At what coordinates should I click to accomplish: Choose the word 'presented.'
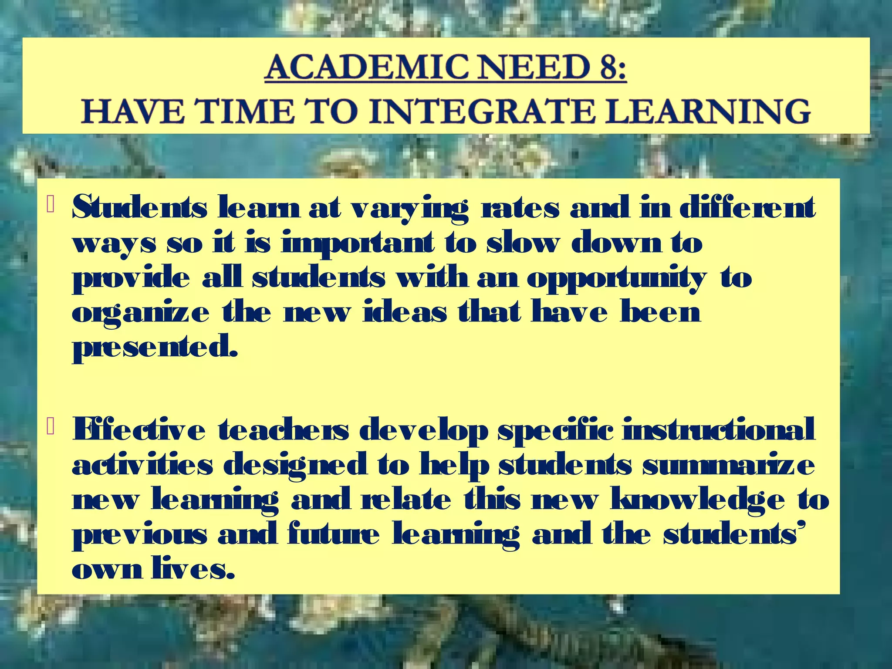coord(155,348)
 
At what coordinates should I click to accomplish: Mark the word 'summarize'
coord(728,465)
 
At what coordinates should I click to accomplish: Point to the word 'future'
coord(333,535)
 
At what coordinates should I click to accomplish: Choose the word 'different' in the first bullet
coord(747,208)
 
